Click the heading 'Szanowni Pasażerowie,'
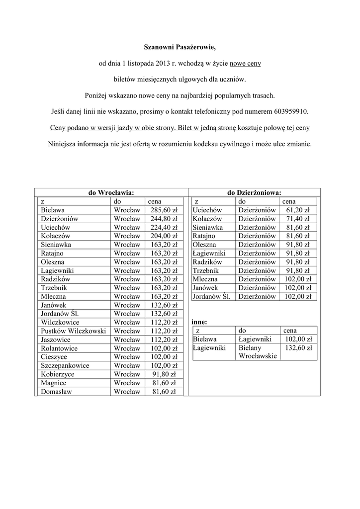pyautogui.click(x=180, y=48)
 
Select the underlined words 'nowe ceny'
pyautogui.click(x=245, y=64)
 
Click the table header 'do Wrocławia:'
pyautogui.click(x=111, y=193)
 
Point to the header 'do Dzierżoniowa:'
pyautogui.click(x=254, y=193)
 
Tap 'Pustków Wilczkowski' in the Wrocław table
pyautogui.click(x=74, y=331)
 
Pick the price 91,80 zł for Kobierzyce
pyautogui.click(x=164, y=374)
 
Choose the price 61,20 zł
pyautogui.click(x=298, y=210)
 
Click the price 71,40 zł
pyautogui.click(x=298, y=219)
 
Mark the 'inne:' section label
pyautogui.click(x=199, y=322)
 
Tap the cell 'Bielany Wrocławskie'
pyautogui.click(x=257, y=352)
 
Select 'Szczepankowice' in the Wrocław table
pyautogui.click(x=65, y=365)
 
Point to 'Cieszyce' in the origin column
pyautogui.click(x=54, y=357)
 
